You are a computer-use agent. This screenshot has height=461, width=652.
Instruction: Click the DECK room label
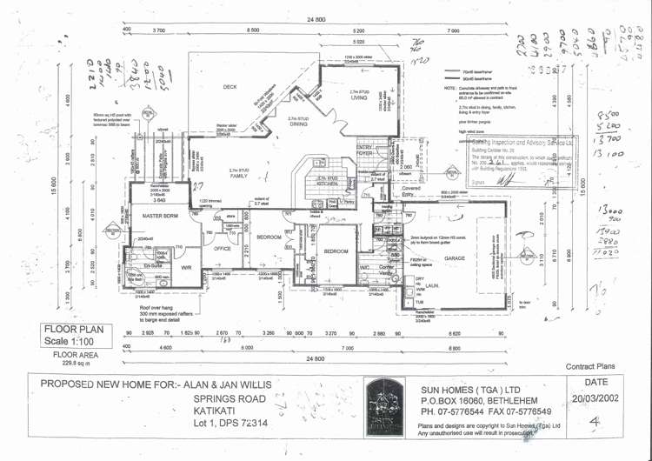(x=230, y=87)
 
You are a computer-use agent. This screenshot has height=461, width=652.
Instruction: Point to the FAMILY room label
(x=237, y=175)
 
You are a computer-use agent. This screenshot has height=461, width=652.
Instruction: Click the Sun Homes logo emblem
(x=384, y=405)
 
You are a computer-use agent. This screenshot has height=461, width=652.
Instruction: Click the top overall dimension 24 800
(x=316, y=19)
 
